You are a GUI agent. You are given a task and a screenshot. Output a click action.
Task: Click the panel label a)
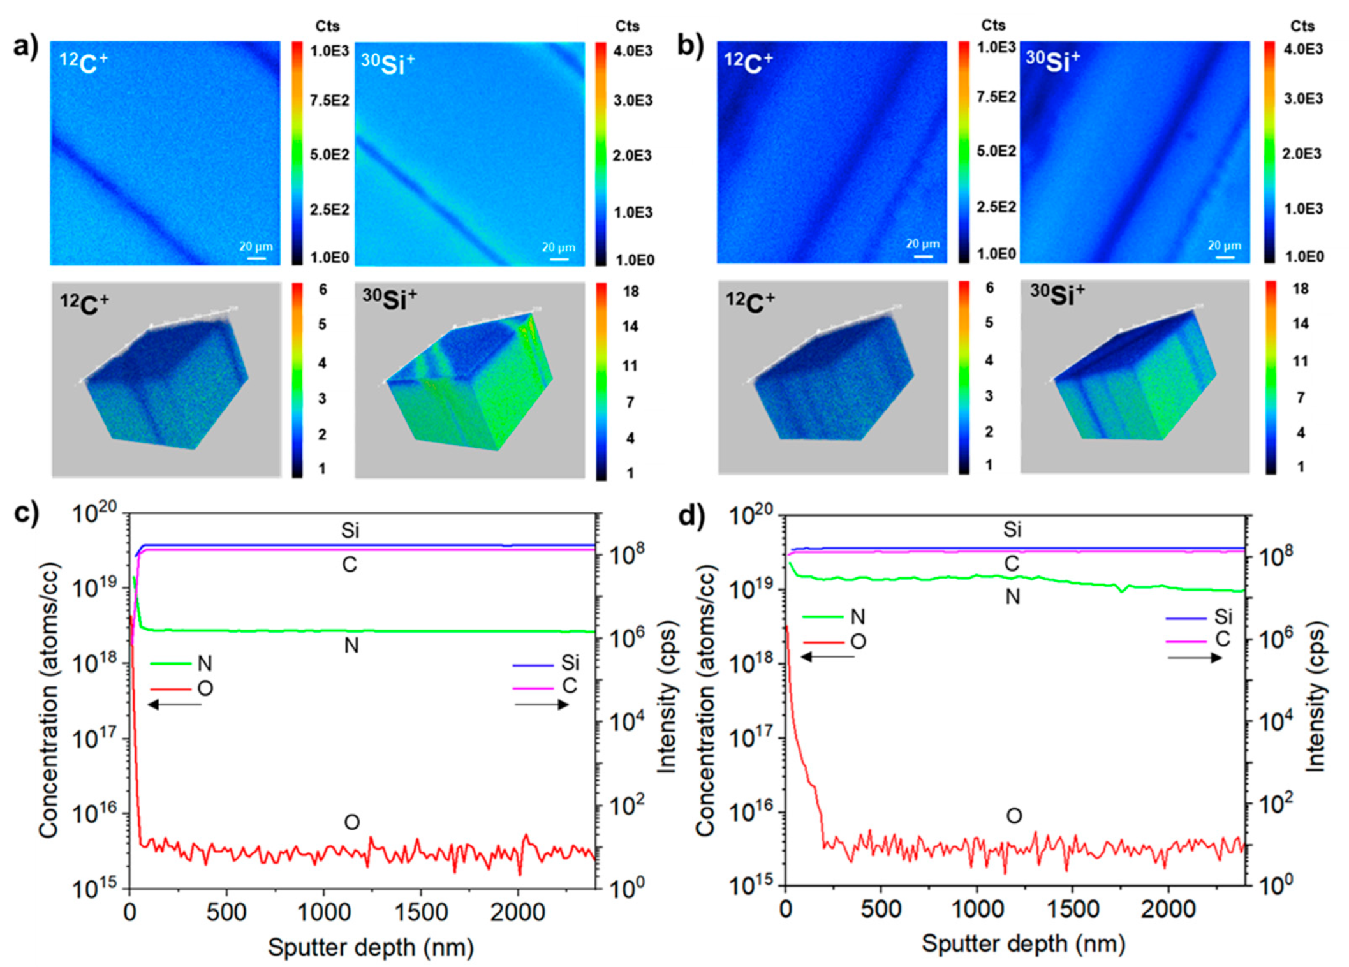point(26,46)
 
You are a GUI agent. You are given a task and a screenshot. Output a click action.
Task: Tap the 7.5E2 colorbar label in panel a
point(329,101)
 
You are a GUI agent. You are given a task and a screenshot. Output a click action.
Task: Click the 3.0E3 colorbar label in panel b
point(1303,99)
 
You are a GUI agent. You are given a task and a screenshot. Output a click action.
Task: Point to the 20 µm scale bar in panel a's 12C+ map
point(256,258)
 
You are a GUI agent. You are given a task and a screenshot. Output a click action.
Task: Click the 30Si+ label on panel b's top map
point(1053,61)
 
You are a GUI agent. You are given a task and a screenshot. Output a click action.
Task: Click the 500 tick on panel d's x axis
point(881,909)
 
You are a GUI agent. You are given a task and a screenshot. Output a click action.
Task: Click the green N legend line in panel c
point(170,664)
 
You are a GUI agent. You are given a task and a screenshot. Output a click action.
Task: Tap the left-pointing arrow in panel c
point(174,704)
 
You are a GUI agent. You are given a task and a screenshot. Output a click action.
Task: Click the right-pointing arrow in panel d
point(1195,658)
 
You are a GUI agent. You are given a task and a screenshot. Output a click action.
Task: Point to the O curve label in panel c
point(351,822)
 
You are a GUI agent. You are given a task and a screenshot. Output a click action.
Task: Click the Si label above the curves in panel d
point(1012,529)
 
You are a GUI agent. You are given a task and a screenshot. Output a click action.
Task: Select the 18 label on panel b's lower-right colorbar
point(1301,289)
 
